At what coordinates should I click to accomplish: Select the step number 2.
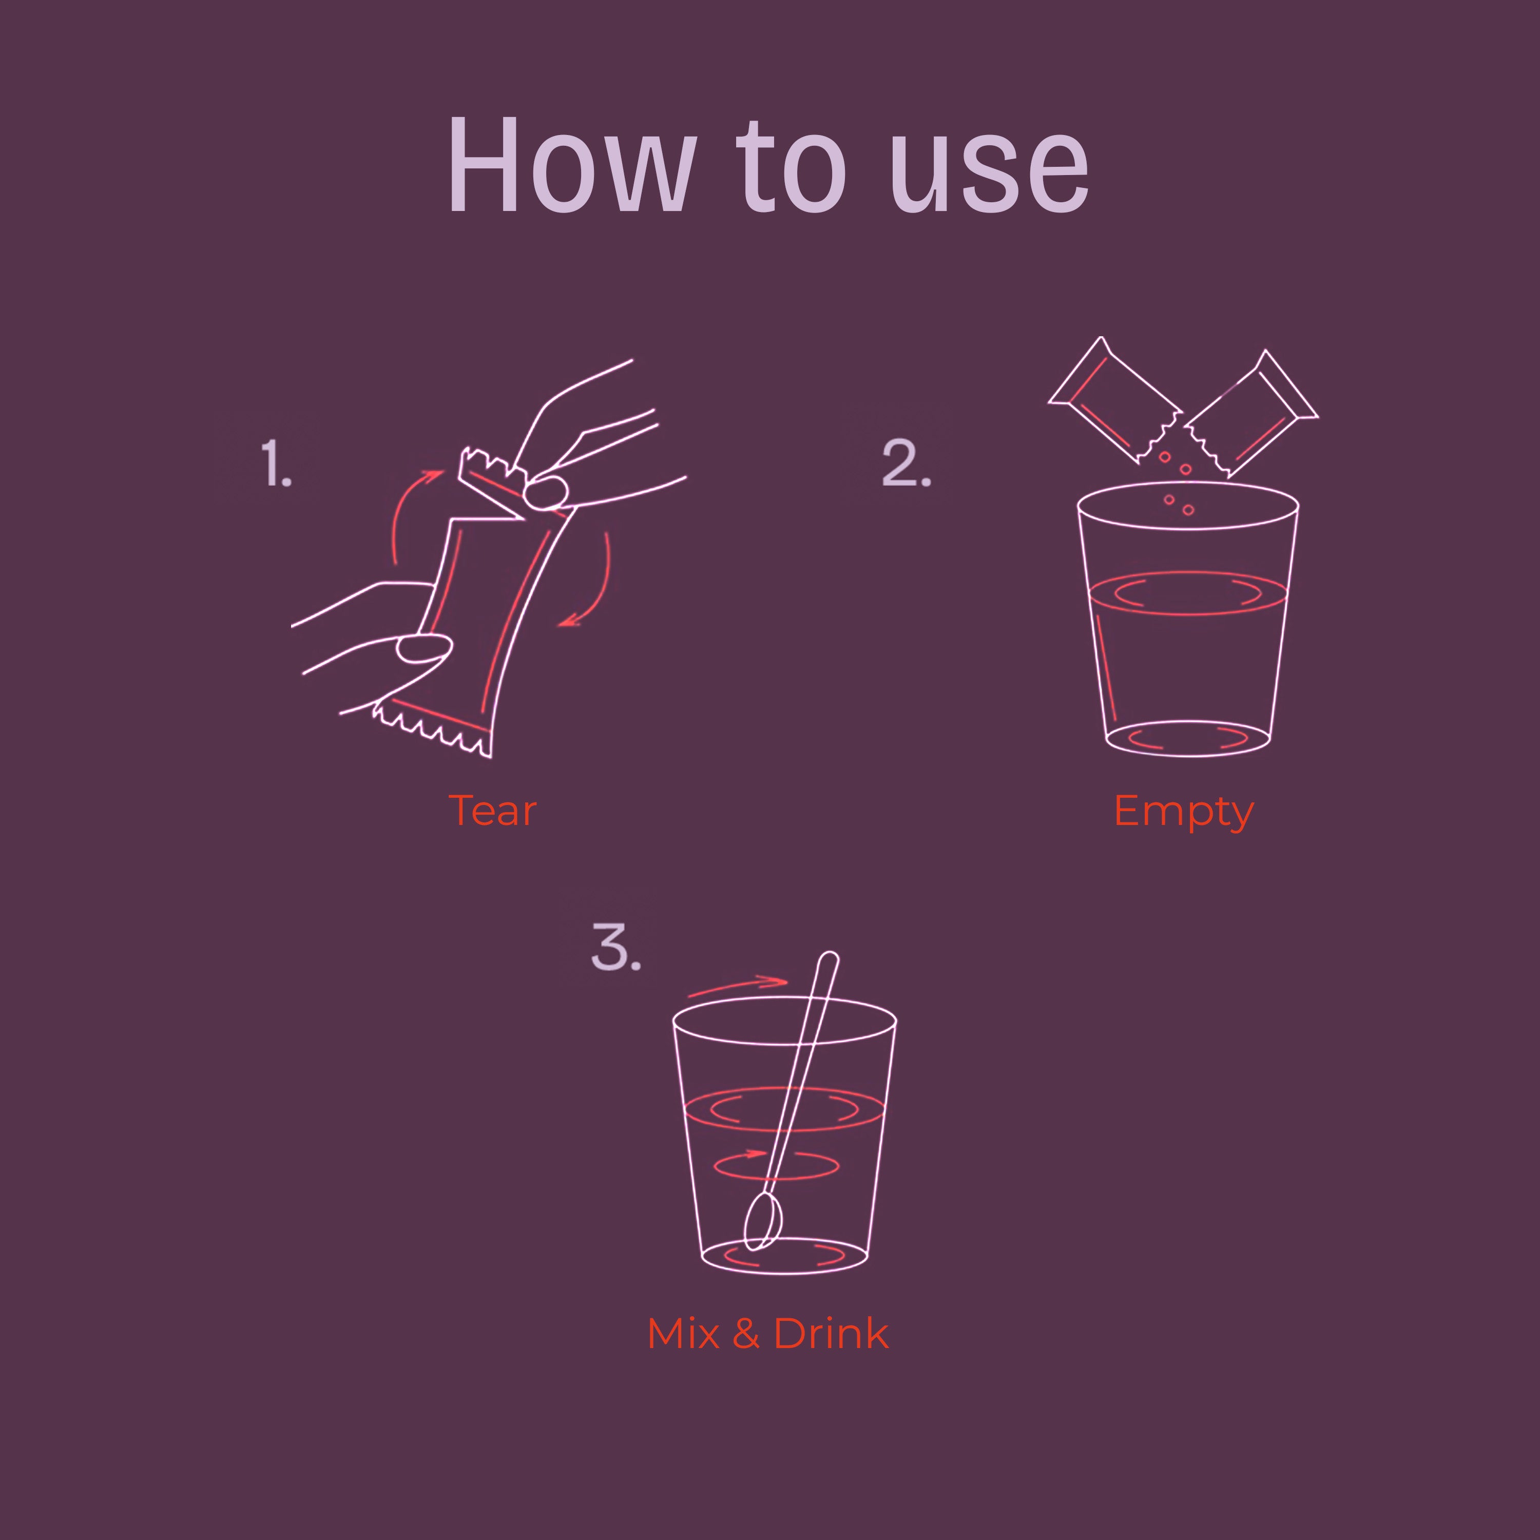point(907,463)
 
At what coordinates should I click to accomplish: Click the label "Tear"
point(493,811)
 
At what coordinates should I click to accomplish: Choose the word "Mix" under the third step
point(683,1334)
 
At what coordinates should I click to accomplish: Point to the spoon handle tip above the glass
point(829,958)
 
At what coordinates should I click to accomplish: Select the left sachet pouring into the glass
point(1114,400)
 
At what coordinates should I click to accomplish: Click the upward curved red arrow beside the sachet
point(398,510)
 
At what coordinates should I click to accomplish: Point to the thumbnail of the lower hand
point(424,648)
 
